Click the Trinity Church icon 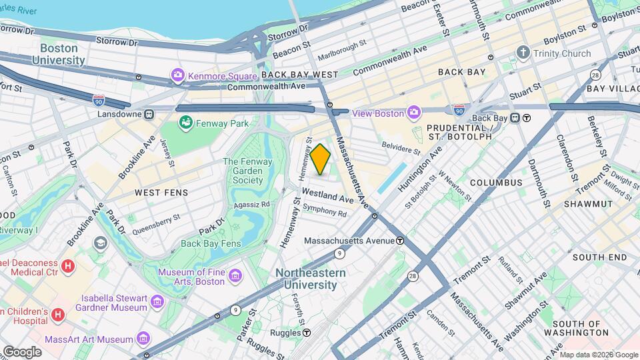524,53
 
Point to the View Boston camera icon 414,113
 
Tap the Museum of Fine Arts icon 235,275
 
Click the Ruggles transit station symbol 307,332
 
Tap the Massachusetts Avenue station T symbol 399,240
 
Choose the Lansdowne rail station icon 149,114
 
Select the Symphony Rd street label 325,211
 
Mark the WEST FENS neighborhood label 161,192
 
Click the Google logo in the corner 21,351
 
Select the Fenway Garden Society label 243,171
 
